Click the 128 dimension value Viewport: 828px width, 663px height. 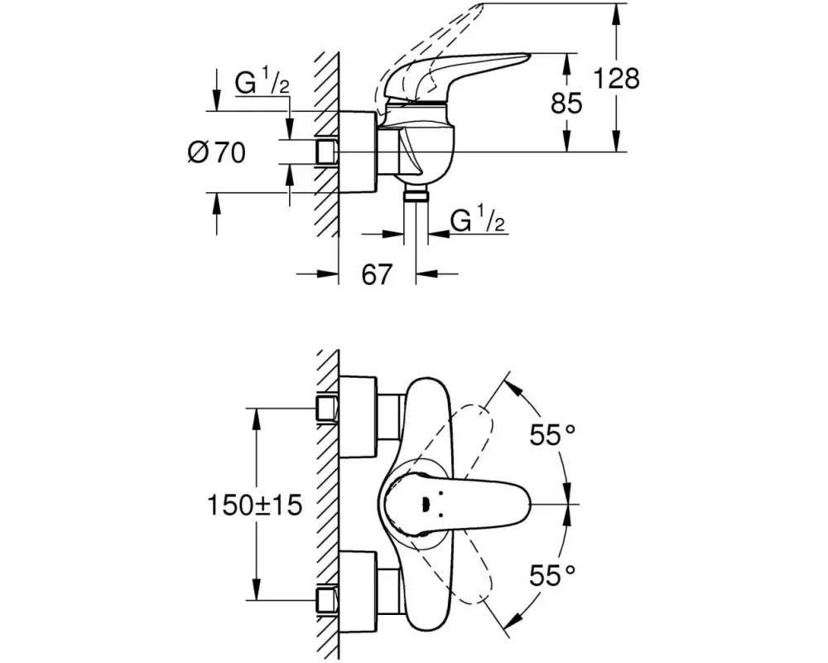(617, 78)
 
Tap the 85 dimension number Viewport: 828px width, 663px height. (566, 103)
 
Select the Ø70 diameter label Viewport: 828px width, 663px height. (216, 153)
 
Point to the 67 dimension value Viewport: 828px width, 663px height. (377, 273)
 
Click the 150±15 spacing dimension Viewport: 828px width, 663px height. (254, 505)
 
